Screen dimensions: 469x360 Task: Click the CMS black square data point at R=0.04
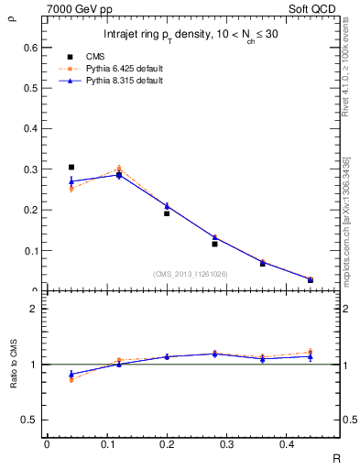(x=71, y=168)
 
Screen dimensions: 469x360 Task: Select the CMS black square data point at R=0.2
(x=167, y=213)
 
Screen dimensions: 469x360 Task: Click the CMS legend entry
(x=115, y=56)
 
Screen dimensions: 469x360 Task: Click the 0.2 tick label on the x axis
(x=183, y=444)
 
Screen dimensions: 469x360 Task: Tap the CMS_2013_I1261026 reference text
(x=191, y=274)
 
